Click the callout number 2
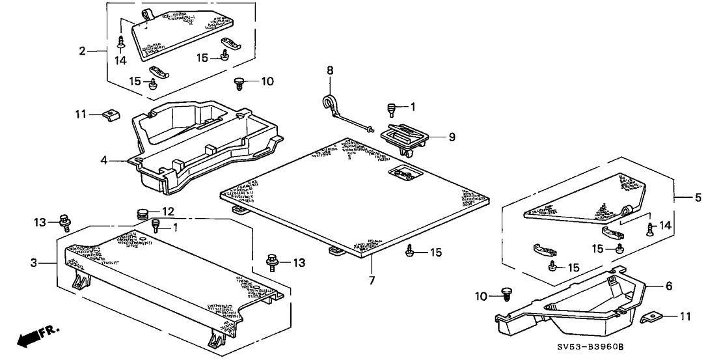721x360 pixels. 82,50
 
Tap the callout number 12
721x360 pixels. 169,212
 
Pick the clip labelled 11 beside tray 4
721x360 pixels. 112,115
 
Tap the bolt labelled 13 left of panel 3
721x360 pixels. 64,222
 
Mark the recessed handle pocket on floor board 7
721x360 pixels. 403,173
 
